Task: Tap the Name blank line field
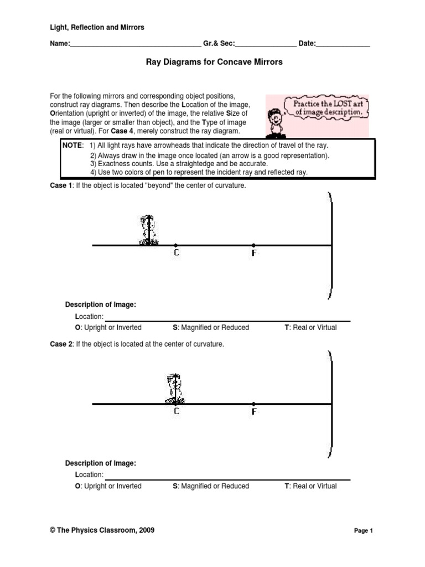pos(136,44)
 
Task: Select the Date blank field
pos(343,44)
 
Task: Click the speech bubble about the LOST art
pos(326,107)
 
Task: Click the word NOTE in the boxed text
pos(72,145)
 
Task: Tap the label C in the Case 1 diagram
pos(176,252)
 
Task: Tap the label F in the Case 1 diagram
pos(254,252)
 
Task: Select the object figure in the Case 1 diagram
pos(148,230)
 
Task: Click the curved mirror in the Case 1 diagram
pos(330,245)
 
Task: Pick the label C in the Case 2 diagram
pos(176,411)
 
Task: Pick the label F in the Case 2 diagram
pos(254,411)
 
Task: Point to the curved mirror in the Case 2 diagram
pos(330,404)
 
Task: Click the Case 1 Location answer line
pos(227,317)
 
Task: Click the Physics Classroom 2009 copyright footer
pos(102,530)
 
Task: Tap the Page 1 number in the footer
pos(364,530)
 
